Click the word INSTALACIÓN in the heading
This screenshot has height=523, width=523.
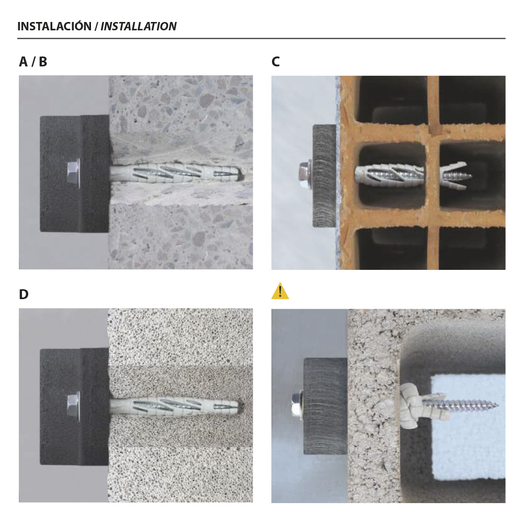pyautogui.click(x=54, y=26)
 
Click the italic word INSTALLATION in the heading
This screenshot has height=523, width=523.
pyautogui.click(x=139, y=26)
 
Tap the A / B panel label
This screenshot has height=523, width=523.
pyautogui.click(x=33, y=62)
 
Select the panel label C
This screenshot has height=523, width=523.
pyautogui.click(x=276, y=62)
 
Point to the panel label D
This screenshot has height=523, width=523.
pyautogui.click(x=24, y=294)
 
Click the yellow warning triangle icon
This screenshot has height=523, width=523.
pyautogui.click(x=280, y=291)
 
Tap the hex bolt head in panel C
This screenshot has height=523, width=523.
pyautogui.click(x=305, y=175)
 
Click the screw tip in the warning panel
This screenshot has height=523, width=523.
pyautogui.click(x=497, y=406)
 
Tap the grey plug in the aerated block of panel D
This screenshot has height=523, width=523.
pyautogui.click(x=175, y=405)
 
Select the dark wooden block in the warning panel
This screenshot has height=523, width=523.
pyautogui.click(x=325, y=406)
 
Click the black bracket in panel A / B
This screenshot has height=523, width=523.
pyautogui.click(x=75, y=174)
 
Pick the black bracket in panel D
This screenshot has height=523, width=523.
pyautogui.click(x=75, y=406)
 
